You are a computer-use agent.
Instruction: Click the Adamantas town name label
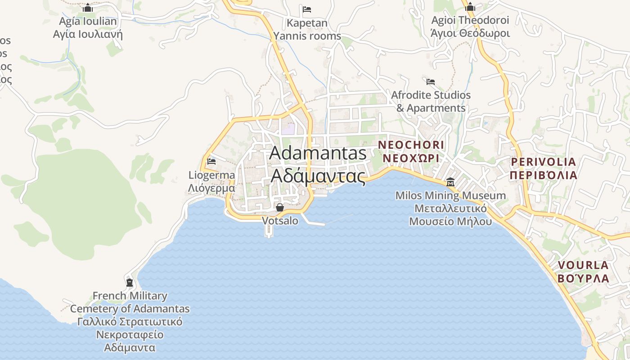pos(318,165)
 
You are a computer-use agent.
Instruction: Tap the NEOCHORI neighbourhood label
pos(411,152)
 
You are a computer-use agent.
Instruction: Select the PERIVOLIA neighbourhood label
pos(543,168)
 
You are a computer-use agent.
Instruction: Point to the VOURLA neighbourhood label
pos(583,271)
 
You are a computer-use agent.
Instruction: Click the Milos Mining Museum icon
pos(450,182)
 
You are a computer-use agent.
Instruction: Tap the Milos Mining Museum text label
pos(450,208)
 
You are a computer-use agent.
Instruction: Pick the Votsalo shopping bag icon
pos(280,207)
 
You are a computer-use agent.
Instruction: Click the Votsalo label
pos(280,221)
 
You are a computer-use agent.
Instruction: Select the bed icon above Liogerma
pos(211,161)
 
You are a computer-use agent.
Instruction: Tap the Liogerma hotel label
pos(211,181)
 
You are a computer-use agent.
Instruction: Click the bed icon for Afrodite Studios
pos(431,82)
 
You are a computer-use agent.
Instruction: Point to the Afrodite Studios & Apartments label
pos(431,102)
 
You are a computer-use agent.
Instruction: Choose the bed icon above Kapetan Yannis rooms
pos(307,9)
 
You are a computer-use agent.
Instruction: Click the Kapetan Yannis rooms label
pos(307,29)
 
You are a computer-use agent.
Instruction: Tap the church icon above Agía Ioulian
pos(88,8)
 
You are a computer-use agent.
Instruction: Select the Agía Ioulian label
pos(88,27)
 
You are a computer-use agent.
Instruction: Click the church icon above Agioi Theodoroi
pos(470,7)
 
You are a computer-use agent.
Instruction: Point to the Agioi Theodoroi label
pos(470,27)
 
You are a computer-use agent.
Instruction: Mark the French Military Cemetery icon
pos(130,283)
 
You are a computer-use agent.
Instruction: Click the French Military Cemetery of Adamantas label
pos(130,321)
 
